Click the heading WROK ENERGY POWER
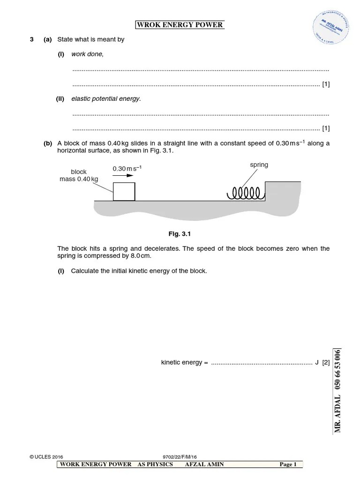coord(180,25)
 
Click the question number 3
coord(31,39)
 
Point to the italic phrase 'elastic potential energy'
coord(105,98)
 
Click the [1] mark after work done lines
coord(326,84)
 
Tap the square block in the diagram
coord(124,192)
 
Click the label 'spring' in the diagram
coord(259,165)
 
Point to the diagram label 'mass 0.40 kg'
coord(79,179)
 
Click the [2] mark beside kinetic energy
coord(326,362)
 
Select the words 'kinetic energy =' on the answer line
coord(184,362)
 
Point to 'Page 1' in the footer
coord(288,465)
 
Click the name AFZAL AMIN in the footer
coord(205,465)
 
